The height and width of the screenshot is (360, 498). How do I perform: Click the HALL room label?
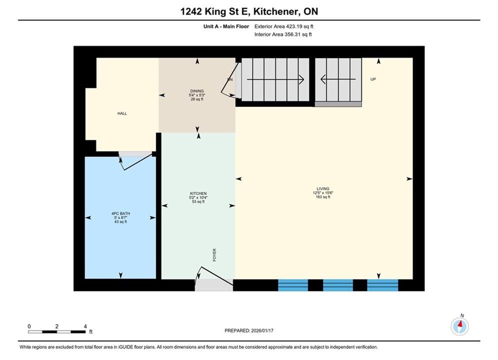(122, 113)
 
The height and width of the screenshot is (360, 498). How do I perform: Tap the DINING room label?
(197, 91)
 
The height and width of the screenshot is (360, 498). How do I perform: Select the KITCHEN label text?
(198, 193)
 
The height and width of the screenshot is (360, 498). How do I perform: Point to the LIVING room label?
(323, 188)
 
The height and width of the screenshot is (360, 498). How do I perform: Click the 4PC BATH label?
(121, 213)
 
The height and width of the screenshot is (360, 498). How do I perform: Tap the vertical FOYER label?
(214, 255)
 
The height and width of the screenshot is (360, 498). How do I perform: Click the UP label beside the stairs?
(373, 79)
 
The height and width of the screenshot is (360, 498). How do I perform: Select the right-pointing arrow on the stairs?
(275, 79)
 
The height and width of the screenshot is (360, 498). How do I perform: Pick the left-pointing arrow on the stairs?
(338, 79)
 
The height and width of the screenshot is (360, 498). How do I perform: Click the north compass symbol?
(459, 325)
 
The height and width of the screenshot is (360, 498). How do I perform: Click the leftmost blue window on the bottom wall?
(293, 285)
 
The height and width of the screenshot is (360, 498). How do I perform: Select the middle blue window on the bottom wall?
(338, 285)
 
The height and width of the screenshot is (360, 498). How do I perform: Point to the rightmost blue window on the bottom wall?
(382, 285)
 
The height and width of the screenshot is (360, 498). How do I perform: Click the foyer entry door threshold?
(214, 285)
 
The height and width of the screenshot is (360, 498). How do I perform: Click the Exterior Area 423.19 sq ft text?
(284, 26)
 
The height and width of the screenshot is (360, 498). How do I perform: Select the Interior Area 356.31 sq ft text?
(283, 34)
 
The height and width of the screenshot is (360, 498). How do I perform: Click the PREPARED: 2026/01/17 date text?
(249, 330)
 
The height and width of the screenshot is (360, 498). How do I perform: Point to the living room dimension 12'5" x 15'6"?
(323, 193)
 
